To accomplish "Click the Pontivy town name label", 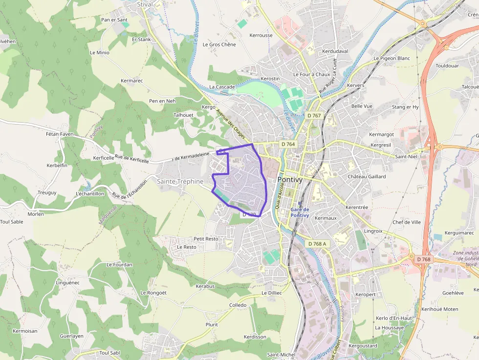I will pos(290,179).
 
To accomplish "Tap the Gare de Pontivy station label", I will pos(300,212).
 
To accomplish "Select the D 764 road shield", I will pos(288,144).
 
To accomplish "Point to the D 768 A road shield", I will pos(317,243).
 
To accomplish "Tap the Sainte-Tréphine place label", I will pos(180,181).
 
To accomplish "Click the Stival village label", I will pos(145,4).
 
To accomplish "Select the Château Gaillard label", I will pos(367,176).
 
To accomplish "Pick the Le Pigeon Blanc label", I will pos(392,58).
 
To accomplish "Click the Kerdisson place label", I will pos(255,337).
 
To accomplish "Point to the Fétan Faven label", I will pos(60,134).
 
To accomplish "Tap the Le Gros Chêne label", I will pos(219,44).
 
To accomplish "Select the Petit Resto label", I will pos(206,239).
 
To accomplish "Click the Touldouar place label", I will pos(447,65).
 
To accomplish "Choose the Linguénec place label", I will pos(67,282).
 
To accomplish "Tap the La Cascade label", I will pos(222,87).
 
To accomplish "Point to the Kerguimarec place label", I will pos(460,233).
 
